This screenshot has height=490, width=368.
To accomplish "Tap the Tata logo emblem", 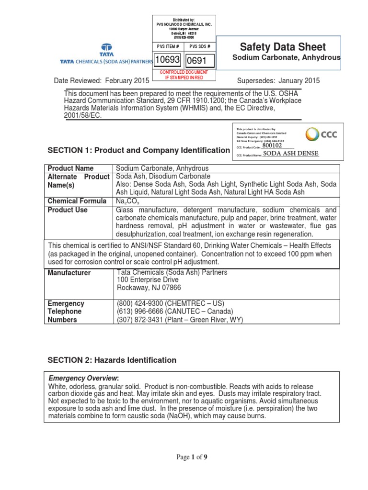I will pos(106,48).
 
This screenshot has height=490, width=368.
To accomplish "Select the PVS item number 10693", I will pos(166,60).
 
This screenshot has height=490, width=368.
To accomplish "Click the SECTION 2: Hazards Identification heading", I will pos(112,360).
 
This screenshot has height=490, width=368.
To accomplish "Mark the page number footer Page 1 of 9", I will pos(191,457).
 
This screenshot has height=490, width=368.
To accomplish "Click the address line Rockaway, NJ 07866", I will pos(149,288).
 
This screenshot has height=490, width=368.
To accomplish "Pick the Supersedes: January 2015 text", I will pos(278,81).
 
